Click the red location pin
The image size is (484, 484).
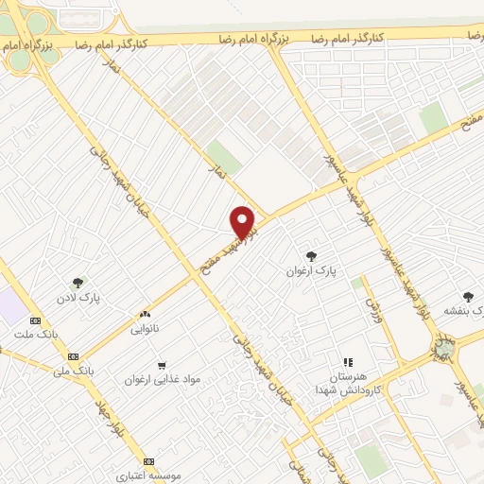point(244,221)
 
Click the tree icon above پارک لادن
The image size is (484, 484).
point(78,282)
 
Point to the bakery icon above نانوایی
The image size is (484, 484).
point(145,315)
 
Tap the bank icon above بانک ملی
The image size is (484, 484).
point(74,355)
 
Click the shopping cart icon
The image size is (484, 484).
point(162,365)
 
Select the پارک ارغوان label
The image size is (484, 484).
point(311,270)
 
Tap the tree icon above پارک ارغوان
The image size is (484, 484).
point(311,255)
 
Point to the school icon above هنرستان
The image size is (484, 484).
point(348,361)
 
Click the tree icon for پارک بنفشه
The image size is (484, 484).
point(468,297)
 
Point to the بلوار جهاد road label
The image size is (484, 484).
point(112,419)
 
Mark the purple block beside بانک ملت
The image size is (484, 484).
point(12,305)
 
